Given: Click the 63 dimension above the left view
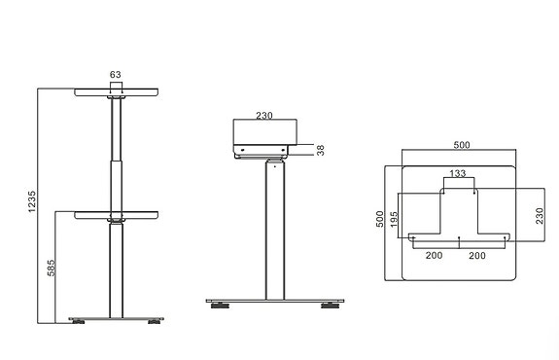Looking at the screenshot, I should point(116,73).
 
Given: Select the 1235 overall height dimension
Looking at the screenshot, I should point(31,201).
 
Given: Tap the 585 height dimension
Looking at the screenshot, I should point(50,266).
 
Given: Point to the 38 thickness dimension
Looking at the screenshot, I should point(321,151).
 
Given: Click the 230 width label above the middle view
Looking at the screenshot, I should point(264,114).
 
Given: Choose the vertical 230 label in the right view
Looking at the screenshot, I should point(539,215).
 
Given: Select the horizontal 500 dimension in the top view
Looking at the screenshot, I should point(461,145).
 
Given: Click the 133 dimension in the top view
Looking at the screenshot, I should point(459,173).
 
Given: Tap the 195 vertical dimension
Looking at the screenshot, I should point(394,222).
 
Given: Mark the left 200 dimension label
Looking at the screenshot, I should point(435,254).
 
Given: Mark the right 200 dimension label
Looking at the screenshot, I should point(478,254).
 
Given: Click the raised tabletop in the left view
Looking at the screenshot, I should point(117,93).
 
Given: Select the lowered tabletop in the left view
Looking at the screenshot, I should point(117,216).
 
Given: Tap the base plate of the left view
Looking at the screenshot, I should point(117,317).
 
